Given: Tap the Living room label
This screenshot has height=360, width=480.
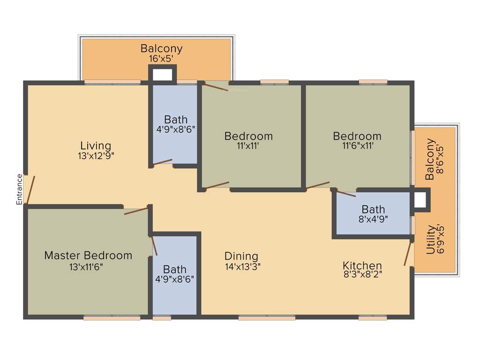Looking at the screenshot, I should click(96, 145).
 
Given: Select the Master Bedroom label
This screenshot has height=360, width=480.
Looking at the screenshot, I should click(88, 255).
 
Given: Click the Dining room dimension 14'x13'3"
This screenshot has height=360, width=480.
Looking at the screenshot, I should click(242, 267).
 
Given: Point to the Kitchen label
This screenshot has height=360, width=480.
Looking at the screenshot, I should click(362, 265).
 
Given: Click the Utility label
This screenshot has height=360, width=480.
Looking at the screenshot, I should click(430, 240).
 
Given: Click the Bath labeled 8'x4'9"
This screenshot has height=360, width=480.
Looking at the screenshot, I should click(374, 209).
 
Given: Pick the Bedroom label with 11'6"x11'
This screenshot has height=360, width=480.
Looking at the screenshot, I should click(357, 136).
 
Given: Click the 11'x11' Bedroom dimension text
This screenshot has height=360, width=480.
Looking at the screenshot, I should click(248, 146).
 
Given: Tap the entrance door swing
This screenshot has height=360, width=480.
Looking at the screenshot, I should click(30, 190).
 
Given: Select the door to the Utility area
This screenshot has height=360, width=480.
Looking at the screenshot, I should click(408, 254).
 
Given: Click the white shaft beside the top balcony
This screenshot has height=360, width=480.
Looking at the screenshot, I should click(163, 75).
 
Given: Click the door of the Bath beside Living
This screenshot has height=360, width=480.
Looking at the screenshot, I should click(163, 163).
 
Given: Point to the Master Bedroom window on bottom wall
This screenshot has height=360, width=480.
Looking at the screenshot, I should click(112, 318).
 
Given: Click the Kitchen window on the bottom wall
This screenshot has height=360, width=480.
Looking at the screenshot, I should click(373, 318).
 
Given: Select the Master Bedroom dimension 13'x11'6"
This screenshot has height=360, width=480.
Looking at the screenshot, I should click(86, 267).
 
